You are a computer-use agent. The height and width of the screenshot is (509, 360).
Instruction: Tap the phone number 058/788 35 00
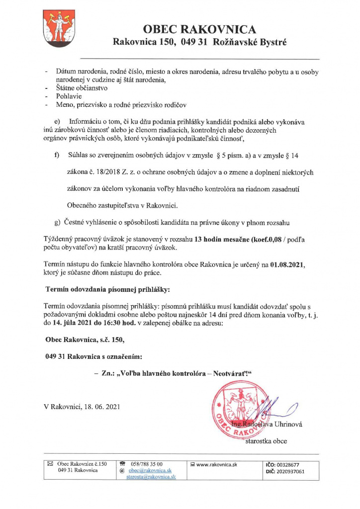146,464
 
